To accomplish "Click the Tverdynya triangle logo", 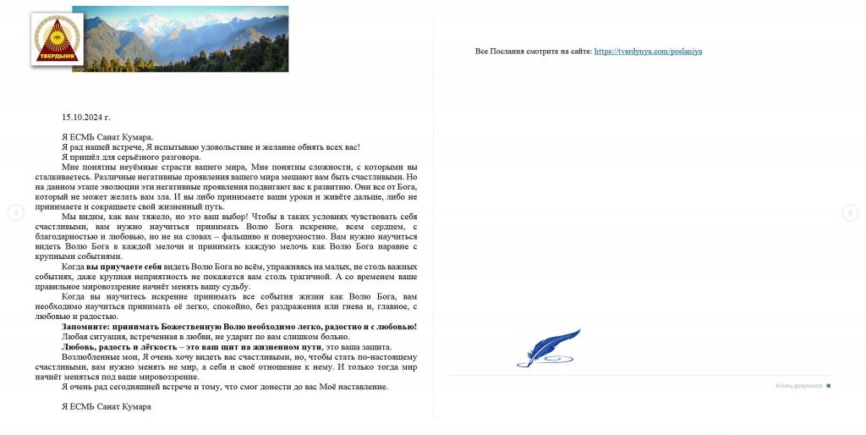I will click(57, 39).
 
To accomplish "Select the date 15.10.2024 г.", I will click(86, 117).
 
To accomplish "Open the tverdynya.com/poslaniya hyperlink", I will click(648, 51).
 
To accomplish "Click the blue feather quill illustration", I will click(549, 348).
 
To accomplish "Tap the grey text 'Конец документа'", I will click(798, 386).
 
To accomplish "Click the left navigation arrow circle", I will click(15, 213).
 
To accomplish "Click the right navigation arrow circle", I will click(850, 213).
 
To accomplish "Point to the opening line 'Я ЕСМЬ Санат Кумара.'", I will click(107, 137).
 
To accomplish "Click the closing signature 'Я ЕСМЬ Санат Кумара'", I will click(107, 406).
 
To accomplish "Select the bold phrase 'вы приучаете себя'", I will click(124, 267).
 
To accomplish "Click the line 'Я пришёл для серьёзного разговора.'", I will click(131, 157).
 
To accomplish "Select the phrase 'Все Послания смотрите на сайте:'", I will click(533, 51).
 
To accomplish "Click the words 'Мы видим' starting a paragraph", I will click(81, 217).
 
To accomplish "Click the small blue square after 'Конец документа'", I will click(829, 386).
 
